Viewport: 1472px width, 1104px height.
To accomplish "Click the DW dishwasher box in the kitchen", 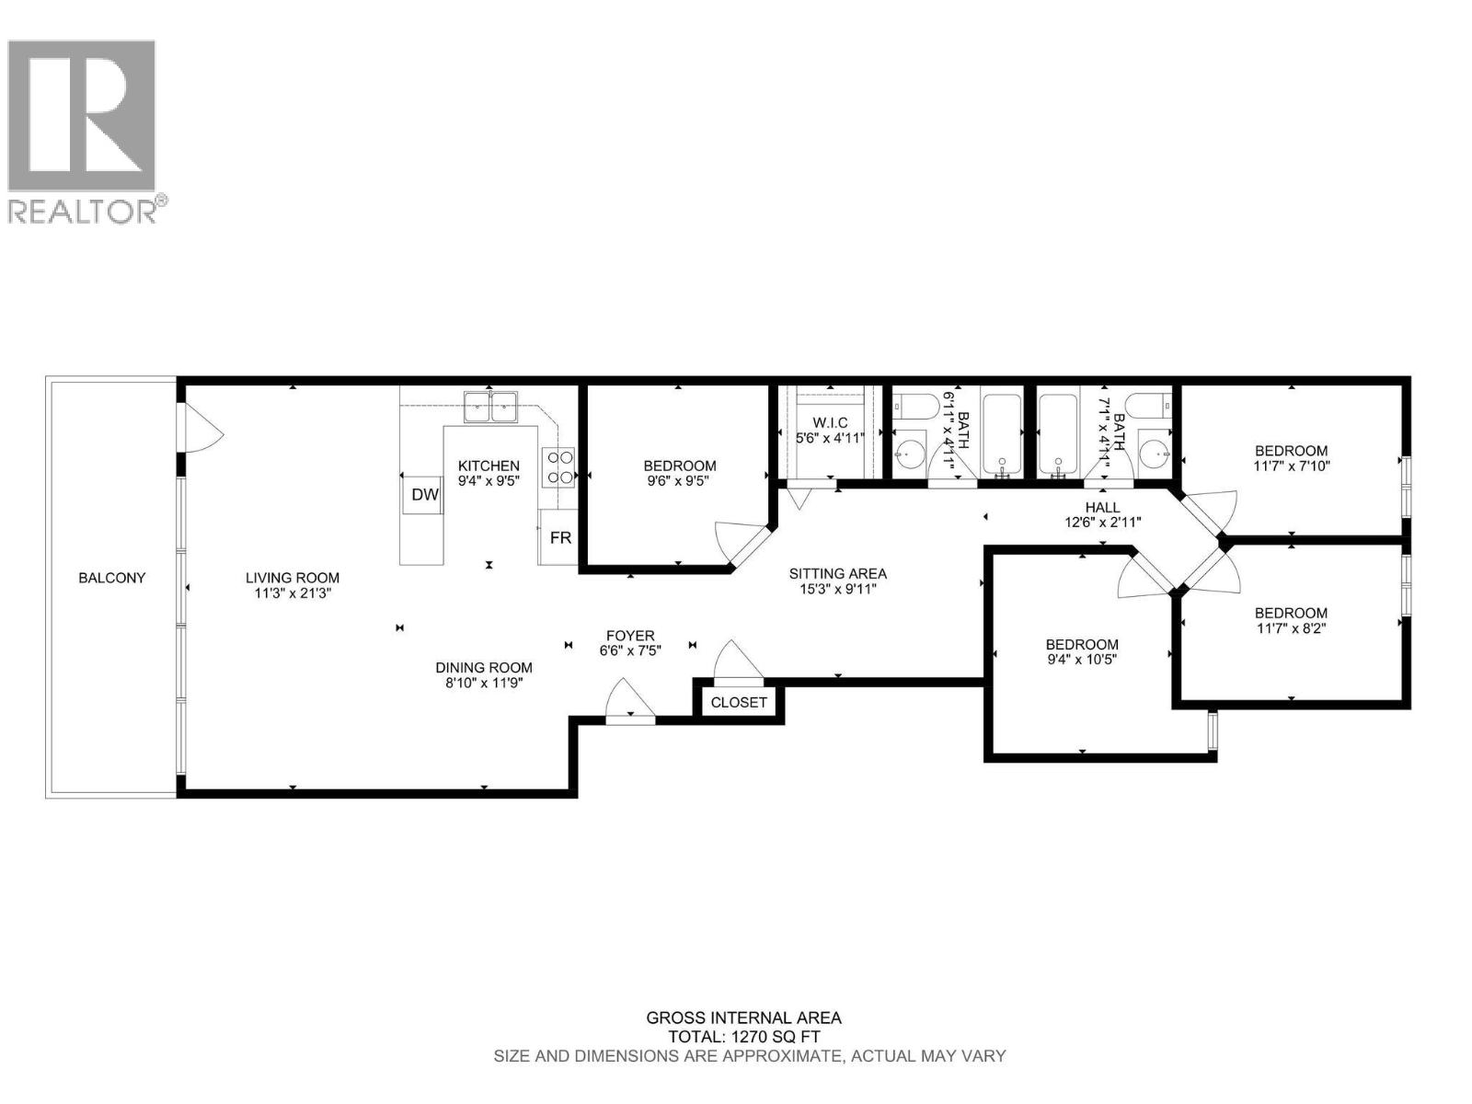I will coord(424,495).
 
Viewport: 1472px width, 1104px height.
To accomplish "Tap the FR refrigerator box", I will coord(560,537).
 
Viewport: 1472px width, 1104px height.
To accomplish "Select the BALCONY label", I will coord(111,578).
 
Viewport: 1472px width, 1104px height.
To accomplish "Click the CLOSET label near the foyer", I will coord(739,702).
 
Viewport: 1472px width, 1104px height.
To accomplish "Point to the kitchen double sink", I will coord(491,405).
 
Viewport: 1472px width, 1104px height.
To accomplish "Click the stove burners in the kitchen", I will coord(560,466).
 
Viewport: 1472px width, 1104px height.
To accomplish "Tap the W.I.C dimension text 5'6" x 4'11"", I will coord(830,438).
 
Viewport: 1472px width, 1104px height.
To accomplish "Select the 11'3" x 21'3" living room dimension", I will coord(293,593).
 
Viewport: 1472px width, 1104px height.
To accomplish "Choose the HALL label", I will coord(1102,507).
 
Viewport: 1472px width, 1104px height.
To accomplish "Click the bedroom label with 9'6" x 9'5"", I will coord(679,466).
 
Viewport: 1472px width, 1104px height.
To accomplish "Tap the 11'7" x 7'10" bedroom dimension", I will coord(1291,466).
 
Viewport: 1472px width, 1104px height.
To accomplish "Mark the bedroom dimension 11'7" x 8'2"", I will coord(1291,628).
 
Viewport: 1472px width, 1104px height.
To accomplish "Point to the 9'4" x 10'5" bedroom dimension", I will coord(1082,660).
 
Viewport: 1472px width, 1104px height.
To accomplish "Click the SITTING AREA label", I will coord(837,573).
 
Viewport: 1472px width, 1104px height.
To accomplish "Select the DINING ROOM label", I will coord(484,667).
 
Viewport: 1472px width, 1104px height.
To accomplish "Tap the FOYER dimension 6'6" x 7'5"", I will coord(630,650).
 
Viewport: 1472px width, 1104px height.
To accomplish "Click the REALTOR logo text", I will coord(83,211).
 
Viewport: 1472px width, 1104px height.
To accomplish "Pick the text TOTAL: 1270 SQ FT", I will coord(742,1037).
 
